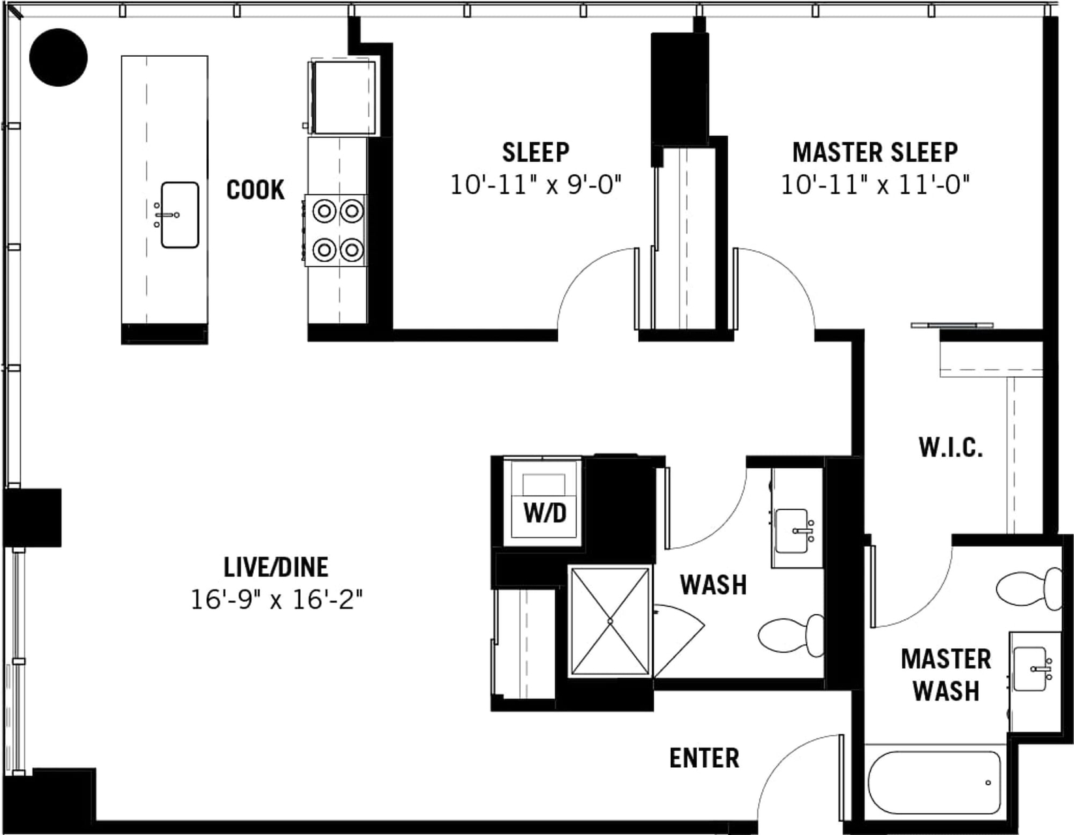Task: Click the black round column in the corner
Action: (58, 57)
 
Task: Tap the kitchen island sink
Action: (180, 215)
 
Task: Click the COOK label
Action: (256, 190)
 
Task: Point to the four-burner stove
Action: (336, 230)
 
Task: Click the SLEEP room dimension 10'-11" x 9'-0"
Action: (535, 186)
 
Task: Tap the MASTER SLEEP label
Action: (875, 152)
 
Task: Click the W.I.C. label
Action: (951, 448)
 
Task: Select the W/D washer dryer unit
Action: (543, 502)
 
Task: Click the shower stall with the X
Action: (610, 621)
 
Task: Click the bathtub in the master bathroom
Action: (934, 783)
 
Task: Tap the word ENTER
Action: (704, 758)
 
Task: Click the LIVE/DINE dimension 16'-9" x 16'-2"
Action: (277, 600)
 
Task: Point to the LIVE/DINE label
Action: (276, 567)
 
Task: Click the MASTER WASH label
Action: (946, 675)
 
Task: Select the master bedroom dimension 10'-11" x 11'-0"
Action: (875, 186)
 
